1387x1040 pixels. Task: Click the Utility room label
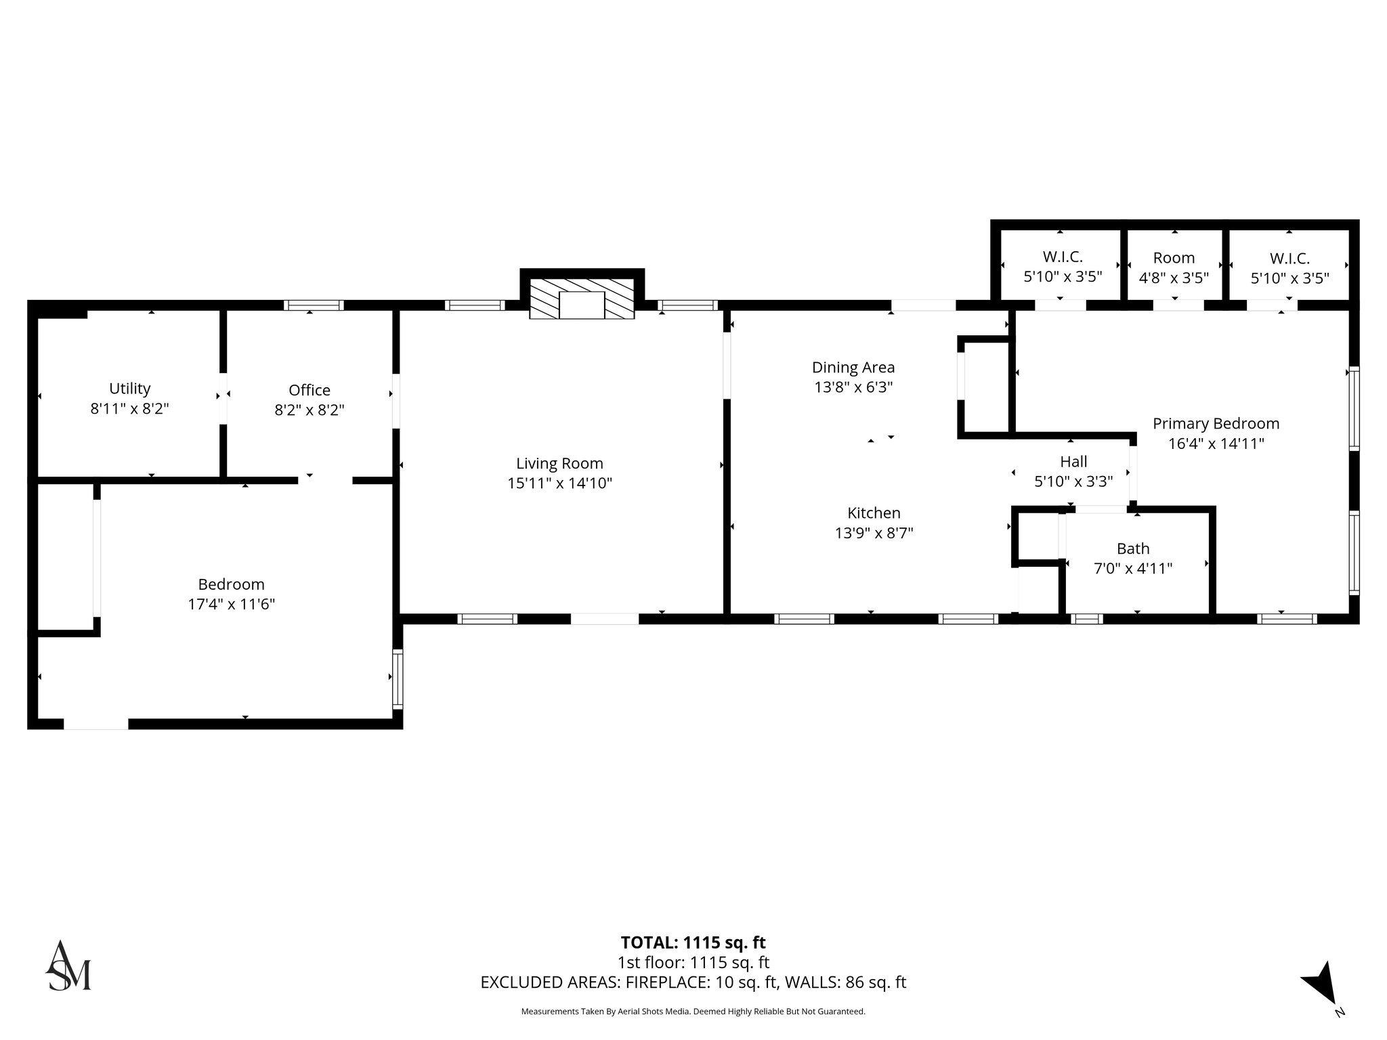click(129, 389)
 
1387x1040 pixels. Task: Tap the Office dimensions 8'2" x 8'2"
click(310, 410)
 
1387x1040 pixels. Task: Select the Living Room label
click(559, 464)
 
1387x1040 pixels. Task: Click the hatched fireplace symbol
click(582, 298)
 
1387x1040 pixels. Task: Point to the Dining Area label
click(853, 368)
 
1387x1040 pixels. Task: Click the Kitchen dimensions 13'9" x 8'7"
click(874, 534)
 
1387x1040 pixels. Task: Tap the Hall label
click(1073, 462)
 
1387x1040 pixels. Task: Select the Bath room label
click(1133, 549)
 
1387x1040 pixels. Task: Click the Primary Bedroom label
click(1216, 424)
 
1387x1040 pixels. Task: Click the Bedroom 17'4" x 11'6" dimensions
click(231, 604)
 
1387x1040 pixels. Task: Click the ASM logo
click(68, 966)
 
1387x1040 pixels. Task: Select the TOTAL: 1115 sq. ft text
click(693, 942)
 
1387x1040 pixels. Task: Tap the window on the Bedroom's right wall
click(398, 678)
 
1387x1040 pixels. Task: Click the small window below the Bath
click(1086, 618)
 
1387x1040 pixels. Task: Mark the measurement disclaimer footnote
click(693, 1012)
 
